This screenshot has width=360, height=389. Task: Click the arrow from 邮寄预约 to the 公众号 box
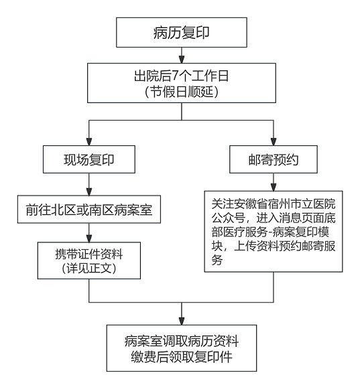(x=274, y=183)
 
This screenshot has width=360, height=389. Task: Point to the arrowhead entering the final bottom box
(x=182, y=320)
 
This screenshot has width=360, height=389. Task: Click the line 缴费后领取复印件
(x=182, y=357)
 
